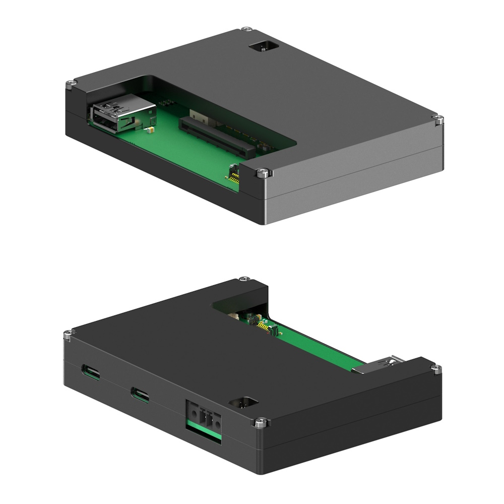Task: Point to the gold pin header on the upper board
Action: (234, 174)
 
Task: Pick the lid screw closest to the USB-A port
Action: (72, 83)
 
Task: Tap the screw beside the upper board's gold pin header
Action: (264, 173)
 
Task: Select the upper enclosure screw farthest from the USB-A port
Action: (439, 119)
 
